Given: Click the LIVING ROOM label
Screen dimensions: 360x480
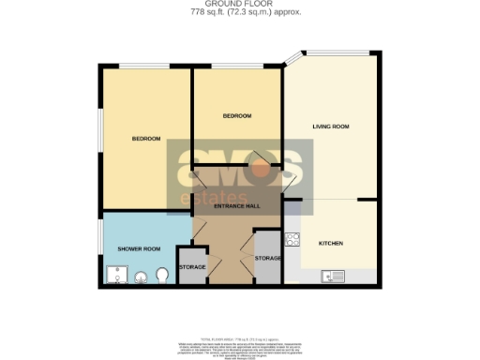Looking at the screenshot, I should [330, 126].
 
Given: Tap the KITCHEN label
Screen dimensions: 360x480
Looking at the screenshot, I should [331, 243].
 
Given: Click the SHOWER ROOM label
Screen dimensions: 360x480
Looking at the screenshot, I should [139, 248].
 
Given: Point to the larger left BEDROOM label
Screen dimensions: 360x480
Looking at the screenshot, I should [146, 139].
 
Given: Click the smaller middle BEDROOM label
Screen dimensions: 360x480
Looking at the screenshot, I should [236, 115].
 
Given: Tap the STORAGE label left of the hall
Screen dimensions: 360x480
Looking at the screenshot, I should [192, 267].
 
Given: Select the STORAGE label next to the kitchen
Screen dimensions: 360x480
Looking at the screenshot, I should [267, 258].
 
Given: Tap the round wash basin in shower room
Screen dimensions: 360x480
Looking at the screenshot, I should [142, 277].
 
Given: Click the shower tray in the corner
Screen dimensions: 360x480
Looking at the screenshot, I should [115, 274].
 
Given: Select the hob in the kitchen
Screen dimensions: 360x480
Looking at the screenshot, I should [292, 240].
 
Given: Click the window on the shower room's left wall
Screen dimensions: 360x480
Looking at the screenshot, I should [99, 241].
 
